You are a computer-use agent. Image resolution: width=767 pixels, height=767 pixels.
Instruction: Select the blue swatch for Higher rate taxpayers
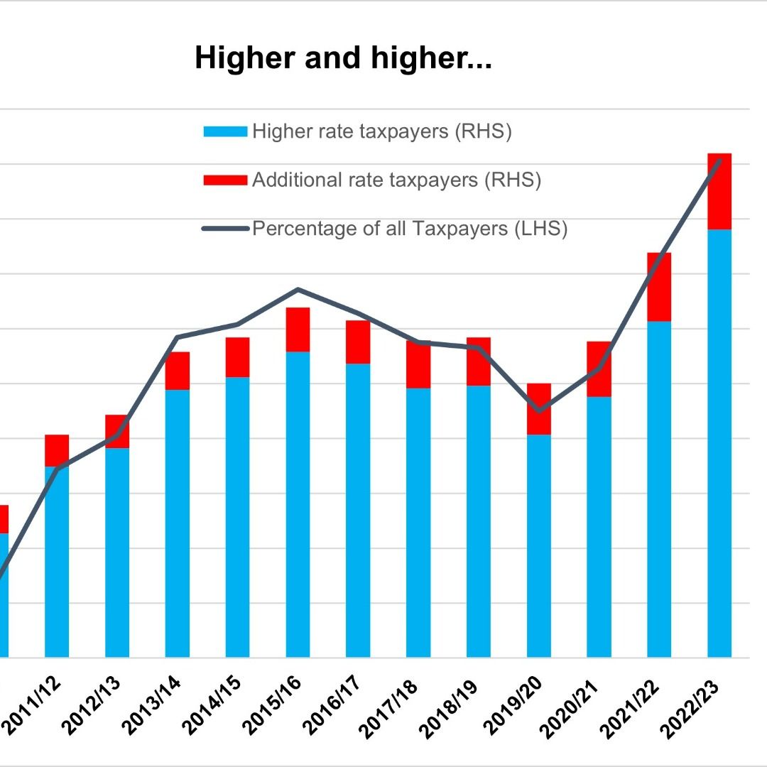[x=225, y=132]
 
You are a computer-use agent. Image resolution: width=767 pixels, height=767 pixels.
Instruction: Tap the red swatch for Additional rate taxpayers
[x=225, y=180]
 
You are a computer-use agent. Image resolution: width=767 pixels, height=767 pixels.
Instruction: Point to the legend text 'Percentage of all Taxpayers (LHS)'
[x=410, y=229]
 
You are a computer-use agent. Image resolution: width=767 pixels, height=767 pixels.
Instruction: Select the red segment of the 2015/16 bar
[x=298, y=330]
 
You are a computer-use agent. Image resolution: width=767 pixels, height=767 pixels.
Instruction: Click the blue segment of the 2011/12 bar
[x=57, y=561]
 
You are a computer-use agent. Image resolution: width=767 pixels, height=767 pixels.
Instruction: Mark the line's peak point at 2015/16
[x=298, y=289]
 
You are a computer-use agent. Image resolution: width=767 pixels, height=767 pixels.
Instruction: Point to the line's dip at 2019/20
[x=539, y=410]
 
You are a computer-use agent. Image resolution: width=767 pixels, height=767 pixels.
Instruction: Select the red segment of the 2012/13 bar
[x=117, y=431]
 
